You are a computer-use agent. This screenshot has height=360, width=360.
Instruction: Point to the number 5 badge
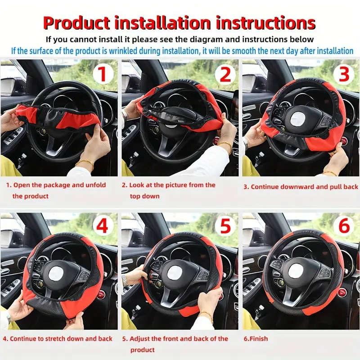(224, 226)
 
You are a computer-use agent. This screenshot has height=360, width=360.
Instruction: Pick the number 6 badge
(344, 226)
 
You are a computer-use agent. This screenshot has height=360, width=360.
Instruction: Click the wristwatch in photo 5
(125, 281)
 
